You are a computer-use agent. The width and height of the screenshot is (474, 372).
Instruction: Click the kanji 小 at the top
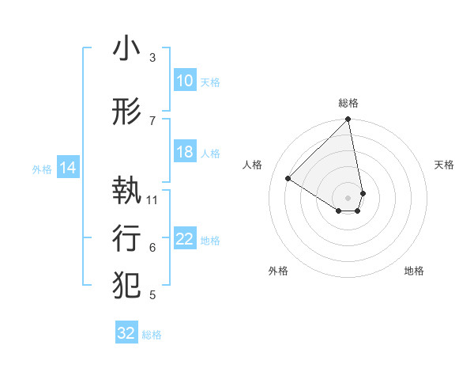point(126,49)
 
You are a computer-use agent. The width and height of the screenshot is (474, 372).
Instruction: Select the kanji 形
point(126,112)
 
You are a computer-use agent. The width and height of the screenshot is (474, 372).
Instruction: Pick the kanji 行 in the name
point(126,237)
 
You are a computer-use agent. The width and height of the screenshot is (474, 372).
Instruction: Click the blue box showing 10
point(184,81)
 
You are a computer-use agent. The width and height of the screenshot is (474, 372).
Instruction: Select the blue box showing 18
point(184,152)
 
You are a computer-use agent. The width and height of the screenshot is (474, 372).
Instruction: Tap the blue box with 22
point(184,239)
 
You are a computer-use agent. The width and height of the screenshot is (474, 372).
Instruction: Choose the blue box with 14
point(67,168)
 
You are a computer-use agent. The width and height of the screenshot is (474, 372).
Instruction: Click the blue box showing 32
point(126,333)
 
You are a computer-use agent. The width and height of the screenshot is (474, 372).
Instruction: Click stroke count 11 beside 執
point(152,199)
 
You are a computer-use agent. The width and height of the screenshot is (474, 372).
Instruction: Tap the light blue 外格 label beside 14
point(41,169)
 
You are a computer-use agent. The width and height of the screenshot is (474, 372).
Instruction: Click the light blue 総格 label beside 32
point(152,335)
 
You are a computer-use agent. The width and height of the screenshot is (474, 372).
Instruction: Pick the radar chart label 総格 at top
point(348,103)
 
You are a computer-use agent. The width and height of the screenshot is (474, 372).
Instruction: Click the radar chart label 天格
point(444,165)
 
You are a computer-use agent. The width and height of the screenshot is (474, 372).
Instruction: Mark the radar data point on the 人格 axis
point(288,179)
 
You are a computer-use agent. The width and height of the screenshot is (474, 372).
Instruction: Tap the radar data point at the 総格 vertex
point(348,120)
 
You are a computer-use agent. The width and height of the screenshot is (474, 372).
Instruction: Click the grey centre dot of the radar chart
point(348,196)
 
